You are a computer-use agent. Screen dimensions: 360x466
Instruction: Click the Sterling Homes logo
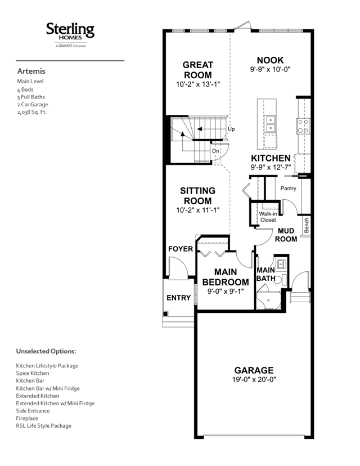tap(70, 34)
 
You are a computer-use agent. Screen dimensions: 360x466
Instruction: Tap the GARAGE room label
tap(254, 370)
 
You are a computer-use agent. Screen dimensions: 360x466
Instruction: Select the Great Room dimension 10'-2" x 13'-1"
tap(198, 84)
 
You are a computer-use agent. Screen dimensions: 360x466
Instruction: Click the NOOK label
tap(271, 60)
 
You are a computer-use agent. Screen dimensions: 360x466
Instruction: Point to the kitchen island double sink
tap(271, 124)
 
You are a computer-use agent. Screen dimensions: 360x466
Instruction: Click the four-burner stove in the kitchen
tap(303, 126)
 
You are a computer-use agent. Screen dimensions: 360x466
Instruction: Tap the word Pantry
tap(288, 189)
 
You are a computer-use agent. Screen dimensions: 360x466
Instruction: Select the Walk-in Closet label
tap(268, 217)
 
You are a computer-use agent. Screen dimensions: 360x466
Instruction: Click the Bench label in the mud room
tap(307, 225)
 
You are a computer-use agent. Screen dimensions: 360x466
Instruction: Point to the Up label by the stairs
tap(231, 129)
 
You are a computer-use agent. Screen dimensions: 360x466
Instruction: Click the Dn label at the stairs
tap(215, 151)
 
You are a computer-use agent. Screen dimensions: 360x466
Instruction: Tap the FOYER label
tap(181, 249)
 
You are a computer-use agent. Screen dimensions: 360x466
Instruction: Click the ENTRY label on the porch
tap(178, 298)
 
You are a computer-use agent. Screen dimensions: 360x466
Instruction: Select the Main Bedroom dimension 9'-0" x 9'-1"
tap(226, 292)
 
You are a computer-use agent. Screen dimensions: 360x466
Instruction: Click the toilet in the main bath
tap(281, 280)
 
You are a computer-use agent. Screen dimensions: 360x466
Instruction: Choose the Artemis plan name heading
tap(31, 71)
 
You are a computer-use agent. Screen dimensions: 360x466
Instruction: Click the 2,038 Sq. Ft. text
tap(32, 112)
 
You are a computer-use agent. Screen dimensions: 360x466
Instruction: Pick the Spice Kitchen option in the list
tap(33, 373)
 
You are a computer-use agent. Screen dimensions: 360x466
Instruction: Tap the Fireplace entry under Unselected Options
tap(27, 419)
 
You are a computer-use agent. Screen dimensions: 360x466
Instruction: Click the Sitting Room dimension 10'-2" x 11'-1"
tap(198, 210)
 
